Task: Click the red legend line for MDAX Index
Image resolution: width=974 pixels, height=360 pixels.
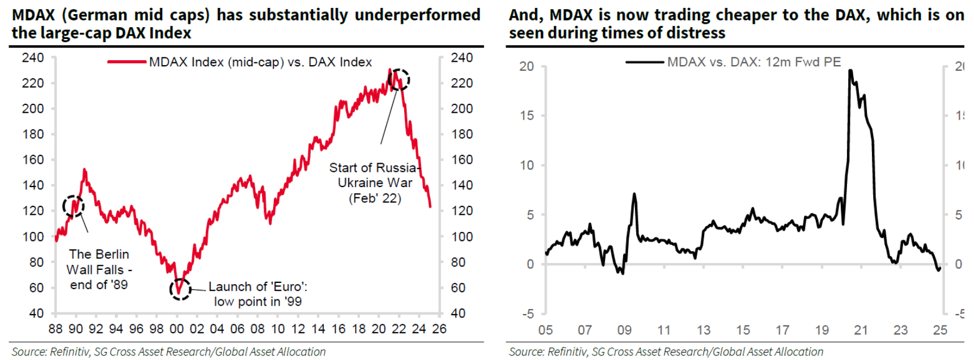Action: pyautogui.click(x=127, y=62)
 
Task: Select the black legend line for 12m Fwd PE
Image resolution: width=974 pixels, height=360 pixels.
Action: pyautogui.click(x=645, y=62)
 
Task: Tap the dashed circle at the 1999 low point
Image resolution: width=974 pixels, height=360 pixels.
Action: pyautogui.click(x=180, y=289)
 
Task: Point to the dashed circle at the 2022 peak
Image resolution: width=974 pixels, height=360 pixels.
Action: pyautogui.click(x=399, y=80)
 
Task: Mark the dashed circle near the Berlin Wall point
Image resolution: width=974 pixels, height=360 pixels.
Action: pyautogui.click(x=73, y=206)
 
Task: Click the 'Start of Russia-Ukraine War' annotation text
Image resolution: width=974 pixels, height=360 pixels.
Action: pyautogui.click(x=374, y=183)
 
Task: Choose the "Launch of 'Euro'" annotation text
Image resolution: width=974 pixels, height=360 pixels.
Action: pyautogui.click(x=258, y=294)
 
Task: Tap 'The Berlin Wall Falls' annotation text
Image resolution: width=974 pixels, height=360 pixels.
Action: pyautogui.click(x=99, y=269)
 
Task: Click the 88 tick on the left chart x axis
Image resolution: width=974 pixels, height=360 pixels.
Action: pyautogui.click(x=56, y=329)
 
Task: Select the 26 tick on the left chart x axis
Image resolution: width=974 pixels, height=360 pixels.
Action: pyautogui.click(x=439, y=329)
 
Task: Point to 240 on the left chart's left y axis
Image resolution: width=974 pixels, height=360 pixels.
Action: pyautogui.click(x=33, y=58)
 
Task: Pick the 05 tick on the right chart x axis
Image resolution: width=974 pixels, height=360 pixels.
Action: pyautogui.click(x=545, y=330)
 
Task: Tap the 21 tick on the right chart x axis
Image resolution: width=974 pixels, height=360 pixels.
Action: pyautogui.click(x=861, y=330)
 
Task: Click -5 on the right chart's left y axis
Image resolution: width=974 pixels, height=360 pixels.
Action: pyautogui.click(x=527, y=314)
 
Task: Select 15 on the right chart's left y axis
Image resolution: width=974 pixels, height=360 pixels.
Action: pyautogui.click(x=527, y=116)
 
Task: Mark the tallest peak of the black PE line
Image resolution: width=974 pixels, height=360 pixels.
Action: pyautogui.click(x=850, y=71)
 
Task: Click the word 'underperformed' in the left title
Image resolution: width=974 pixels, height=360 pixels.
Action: pyautogui.click(x=417, y=15)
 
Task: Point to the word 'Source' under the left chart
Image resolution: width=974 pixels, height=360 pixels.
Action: pyautogui.click(x=28, y=351)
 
